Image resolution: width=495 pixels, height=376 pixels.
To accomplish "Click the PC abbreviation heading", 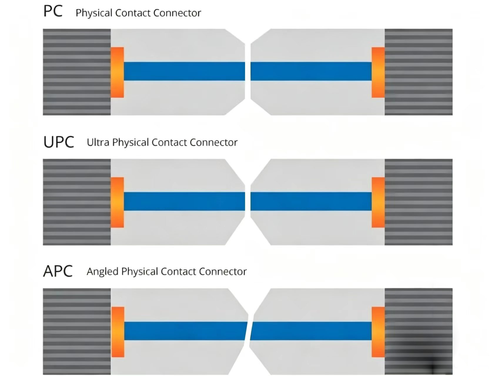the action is tap(53, 11).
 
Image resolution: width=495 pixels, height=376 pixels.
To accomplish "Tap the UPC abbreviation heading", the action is tap(58, 142).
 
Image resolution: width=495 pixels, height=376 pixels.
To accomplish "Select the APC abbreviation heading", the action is tap(58, 271).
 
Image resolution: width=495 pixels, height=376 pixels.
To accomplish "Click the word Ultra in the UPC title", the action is tap(98, 142).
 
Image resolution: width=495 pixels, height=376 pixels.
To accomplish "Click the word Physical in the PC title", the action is tap(94, 14).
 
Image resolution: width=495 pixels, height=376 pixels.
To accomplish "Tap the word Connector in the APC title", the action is tap(223, 271).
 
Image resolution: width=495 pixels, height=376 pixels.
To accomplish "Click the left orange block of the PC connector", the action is tap(117, 72).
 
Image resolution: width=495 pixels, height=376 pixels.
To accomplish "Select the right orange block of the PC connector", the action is tap(378, 72).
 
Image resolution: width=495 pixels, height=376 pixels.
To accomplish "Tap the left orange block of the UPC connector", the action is tap(117, 202).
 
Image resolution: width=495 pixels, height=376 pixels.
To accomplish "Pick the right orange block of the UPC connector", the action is tap(378, 202).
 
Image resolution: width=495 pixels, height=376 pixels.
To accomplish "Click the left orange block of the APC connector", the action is tap(118, 332).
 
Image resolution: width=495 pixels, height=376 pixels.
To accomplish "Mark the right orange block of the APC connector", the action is tap(378, 332).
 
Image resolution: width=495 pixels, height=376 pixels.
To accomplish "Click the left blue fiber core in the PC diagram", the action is tap(184, 71).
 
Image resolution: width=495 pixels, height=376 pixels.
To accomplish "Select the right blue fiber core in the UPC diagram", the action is tap(311, 201).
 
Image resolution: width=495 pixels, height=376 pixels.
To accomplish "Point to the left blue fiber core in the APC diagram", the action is tap(186, 331).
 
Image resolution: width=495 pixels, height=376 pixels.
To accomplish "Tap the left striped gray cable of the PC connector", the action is tap(77, 72).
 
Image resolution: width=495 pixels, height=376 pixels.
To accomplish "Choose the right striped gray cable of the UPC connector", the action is tap(419, 202).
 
